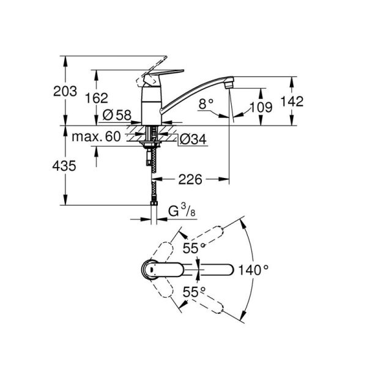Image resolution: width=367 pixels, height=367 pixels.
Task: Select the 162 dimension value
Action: (x=96, y=98)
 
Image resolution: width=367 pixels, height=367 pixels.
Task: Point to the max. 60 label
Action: (x=95, y=138)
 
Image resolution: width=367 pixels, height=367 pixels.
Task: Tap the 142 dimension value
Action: (x=293, y=101)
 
